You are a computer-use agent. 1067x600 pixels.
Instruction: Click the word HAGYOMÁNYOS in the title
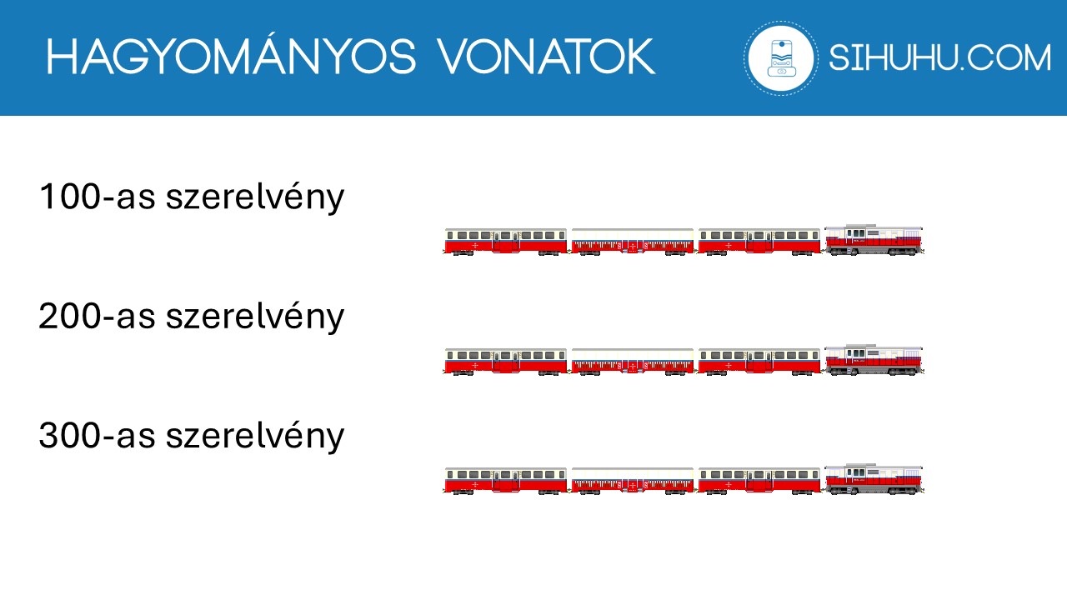tap(230, 57)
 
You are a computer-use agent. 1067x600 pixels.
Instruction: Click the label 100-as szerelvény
tap(191, 197)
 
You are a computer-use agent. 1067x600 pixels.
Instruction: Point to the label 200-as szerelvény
tap(191, 317)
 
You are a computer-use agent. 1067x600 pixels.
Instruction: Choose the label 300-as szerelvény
tap(191, 436)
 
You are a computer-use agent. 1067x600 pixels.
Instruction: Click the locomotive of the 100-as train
tap(874, 239)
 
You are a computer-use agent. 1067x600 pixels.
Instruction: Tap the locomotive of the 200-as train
tap(874, 359)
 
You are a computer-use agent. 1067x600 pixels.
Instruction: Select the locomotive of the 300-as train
tap(874, 479)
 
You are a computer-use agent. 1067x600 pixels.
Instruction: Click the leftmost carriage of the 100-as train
tap(505, 240)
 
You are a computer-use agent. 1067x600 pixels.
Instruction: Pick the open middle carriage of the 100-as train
tap(633, 241)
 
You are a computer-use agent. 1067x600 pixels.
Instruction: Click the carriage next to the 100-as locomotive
tap(759, 240)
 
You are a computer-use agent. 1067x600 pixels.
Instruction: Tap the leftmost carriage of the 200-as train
tap(505, 360)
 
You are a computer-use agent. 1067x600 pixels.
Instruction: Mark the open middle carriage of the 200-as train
tap(633, 361)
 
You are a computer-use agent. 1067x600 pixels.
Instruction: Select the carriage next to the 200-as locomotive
tap(759, 360)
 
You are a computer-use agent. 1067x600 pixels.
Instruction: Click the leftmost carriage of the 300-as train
tap(505, 480)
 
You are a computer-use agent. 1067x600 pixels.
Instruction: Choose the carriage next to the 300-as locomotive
tap(759, 480)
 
